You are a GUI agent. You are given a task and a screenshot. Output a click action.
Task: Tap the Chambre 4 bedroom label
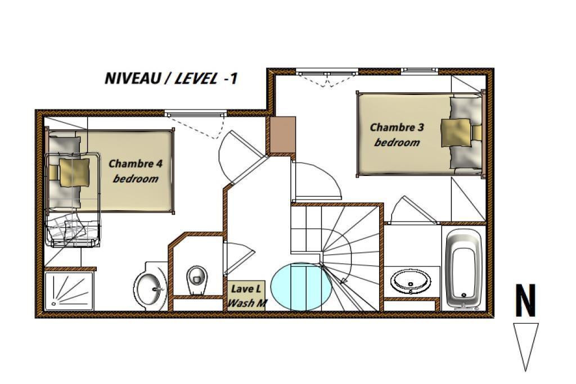pos(136,171)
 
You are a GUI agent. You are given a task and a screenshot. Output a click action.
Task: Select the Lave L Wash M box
pos(246,295)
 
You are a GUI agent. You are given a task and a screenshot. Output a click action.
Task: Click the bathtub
pos(463,269)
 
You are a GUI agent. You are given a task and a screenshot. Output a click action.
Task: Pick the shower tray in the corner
pos(69,291)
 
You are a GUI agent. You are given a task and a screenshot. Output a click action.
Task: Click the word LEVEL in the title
pos(195,78)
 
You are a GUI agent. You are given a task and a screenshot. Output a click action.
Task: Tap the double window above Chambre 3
pos(327,73)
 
